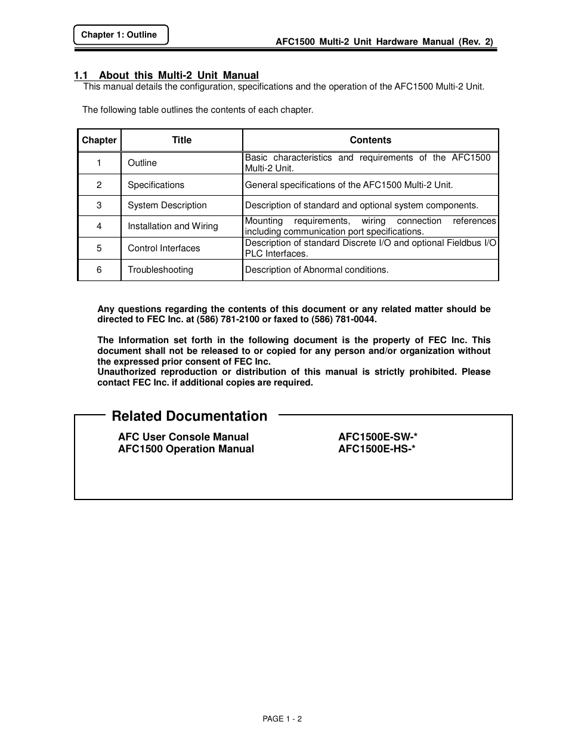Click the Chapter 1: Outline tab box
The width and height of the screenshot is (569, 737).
pyautogui.click(x=120, y=35)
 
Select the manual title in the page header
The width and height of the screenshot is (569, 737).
pyautogui.click(x=384, y=42)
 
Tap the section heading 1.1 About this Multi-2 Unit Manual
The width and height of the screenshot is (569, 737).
pyautogui.click(x=166, y=75)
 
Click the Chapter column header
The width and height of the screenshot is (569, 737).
pyautogui.click(x=99, y=140)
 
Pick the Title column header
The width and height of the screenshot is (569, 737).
pyautogui.click(x=181, y=140)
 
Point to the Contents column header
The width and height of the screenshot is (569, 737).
pyautogui.click(x=370, y=140)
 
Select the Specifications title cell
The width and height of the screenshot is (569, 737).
pyautogui.click(x=156, y=185)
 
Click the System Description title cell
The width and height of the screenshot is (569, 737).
pyautogui.click(x=167, y=205)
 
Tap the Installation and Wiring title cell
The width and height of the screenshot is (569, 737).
pyautogui.click(x=173, y=226)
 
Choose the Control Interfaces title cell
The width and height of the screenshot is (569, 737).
pyautogui.click(x=164, y=248)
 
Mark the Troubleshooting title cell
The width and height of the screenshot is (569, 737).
pyautogui.click(x=160, y=270)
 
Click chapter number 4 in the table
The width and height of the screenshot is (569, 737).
pyautogui.click(x=99, y=226)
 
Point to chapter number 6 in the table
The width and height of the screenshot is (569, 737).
pyautogui.click(x=99, y=270)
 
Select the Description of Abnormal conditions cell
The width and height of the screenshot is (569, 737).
pyautogui.click(x=317, y=270)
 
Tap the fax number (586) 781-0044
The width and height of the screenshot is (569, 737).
pyautogui.click(x=344, y=319)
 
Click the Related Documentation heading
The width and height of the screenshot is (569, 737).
pyautogui.click(x=189, y=416)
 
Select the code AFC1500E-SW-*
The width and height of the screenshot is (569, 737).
pyautogui.click(x=378, y=437)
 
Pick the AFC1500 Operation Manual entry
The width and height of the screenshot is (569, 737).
pyautogui.click(x=186, y=449)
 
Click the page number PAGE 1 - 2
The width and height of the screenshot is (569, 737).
pyautogui.click(x=282, y=719)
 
